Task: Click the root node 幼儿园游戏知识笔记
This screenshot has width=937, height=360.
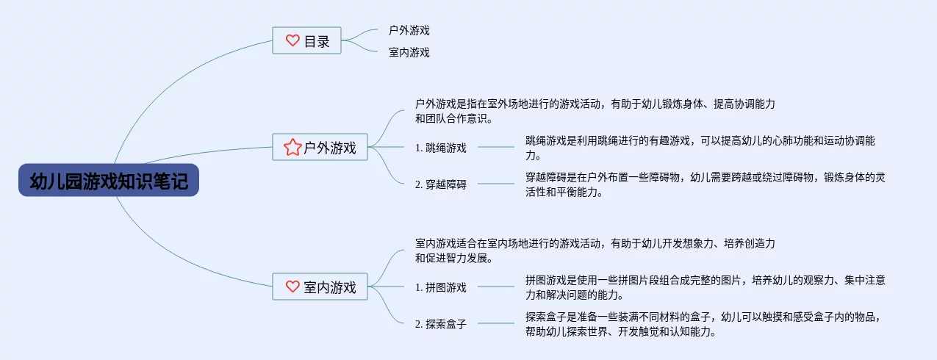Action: click(109, 180)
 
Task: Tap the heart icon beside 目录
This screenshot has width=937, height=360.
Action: click(292, 41)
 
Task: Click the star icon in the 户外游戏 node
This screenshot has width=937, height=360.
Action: click(292, 148)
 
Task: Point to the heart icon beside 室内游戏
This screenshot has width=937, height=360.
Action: click(292, 287)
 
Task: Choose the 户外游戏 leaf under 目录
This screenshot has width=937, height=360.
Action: click(409, 31)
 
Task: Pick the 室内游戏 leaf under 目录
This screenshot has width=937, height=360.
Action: click(409, 52)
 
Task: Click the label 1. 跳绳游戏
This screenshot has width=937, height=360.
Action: click(441, 148)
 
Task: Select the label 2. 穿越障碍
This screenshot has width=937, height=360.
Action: click(441, 184)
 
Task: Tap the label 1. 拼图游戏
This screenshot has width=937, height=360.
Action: click(441, 287)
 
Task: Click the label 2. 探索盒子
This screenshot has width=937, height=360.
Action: click(441, 323)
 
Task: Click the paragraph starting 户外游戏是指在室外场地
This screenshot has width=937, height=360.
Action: click(595, 111)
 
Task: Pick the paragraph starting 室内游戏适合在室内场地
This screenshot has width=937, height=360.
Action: click(595, 251)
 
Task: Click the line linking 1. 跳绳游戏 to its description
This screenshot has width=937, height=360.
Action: click(496, 147)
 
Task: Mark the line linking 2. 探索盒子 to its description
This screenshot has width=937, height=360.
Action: click(496, 323)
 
